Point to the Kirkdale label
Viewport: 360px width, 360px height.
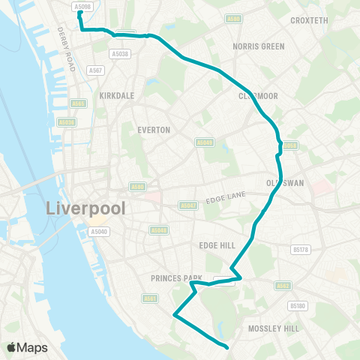coord(116,97)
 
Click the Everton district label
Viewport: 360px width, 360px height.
coord(154,130)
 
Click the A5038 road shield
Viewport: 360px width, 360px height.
coord(120,53)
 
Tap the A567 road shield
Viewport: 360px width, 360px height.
coord(94,70)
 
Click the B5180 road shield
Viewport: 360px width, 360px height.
coord(298,305)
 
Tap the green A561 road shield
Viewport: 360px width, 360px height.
coord(150,298)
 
